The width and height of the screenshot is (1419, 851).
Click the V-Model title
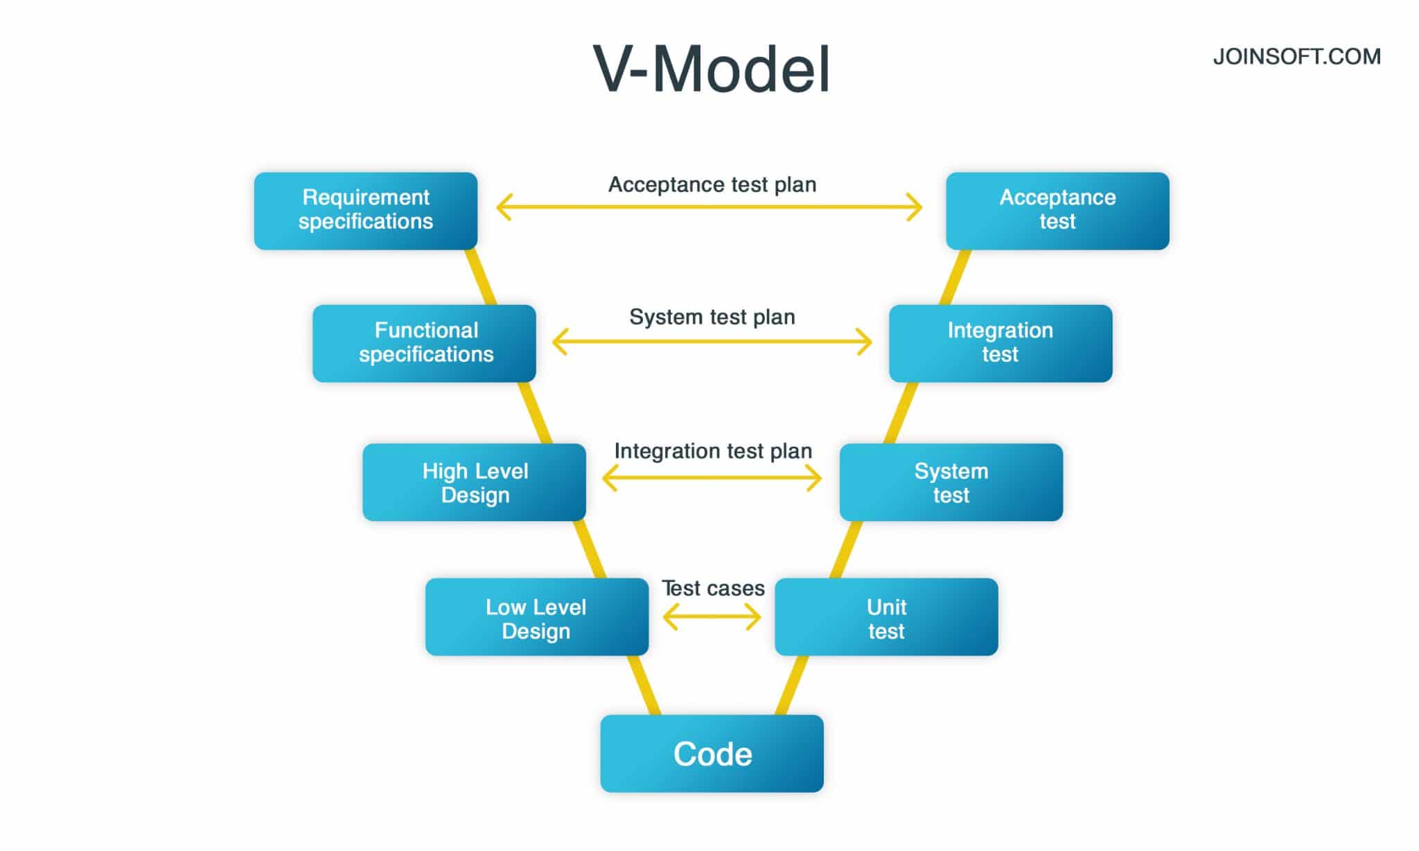(712, 69)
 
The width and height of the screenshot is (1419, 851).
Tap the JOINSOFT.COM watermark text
(1296, 57)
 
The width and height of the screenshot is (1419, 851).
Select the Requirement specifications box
(365, 211)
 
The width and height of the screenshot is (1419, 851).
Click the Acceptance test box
(1057, 211)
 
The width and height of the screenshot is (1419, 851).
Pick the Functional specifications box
(424, 343)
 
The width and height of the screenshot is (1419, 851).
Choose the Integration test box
(1001, 343)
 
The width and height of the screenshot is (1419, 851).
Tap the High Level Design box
(474, 482)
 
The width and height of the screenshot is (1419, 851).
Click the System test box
(951, 482)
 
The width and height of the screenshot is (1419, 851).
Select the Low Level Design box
(536, 617)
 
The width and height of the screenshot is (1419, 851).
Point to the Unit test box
(886, 617)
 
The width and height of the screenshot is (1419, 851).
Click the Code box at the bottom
(712, 753)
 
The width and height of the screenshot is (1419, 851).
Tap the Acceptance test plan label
(712, 184)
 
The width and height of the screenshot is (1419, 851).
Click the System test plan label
(712, 317)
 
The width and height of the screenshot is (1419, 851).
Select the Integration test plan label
(712, 451)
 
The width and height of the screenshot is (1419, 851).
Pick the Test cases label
(712, 588)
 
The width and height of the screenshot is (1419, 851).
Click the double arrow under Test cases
(712, 617)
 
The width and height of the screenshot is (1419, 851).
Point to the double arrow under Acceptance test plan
(709, 207)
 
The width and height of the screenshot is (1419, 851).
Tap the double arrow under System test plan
(712, 342)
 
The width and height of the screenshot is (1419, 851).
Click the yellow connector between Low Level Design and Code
(644, 685)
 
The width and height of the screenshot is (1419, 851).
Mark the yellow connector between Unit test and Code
(791, 685)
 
